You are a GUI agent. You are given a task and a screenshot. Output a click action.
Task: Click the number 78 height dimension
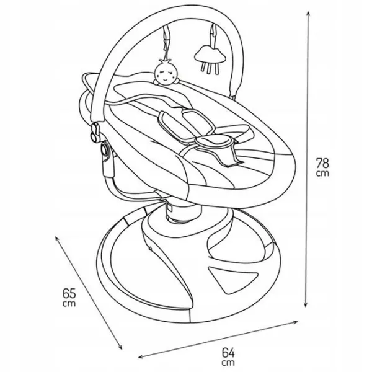(322, 163)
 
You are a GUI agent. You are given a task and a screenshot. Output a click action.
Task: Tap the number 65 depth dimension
(69, 293)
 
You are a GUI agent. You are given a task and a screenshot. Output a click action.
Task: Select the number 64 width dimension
(228, 353)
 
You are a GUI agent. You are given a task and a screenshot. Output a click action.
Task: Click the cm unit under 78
(322, 174)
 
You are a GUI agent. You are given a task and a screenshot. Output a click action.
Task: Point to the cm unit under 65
(69, 303)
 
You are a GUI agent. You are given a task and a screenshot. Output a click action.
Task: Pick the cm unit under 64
(228, 363)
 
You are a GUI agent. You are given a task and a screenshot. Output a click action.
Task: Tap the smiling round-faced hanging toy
(166, 73)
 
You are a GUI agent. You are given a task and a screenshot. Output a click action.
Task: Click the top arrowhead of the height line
(308, 14)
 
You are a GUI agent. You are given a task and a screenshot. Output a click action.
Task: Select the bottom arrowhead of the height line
(306, 304)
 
